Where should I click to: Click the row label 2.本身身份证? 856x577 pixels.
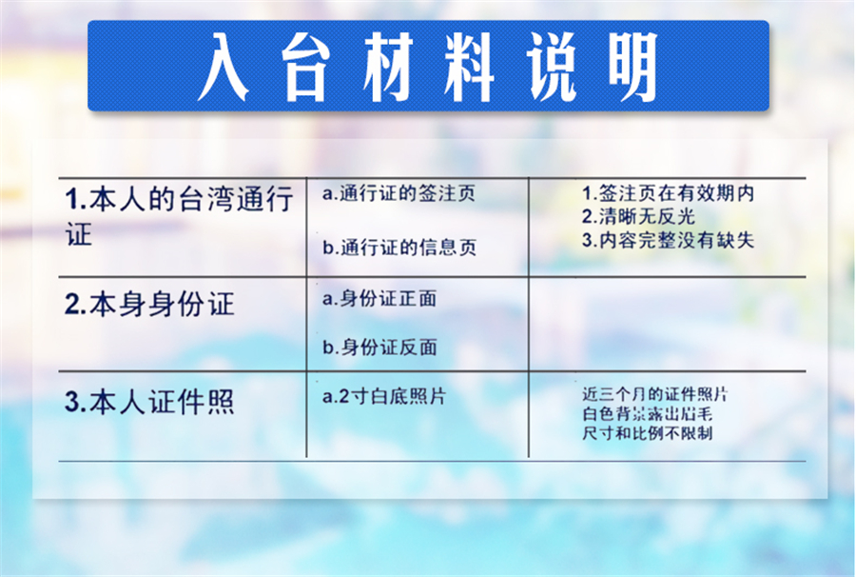point(149,305)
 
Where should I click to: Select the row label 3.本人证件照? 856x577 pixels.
point(149,402)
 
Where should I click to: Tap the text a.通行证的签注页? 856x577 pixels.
point(399,194)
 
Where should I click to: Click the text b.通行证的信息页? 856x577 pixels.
point(399,248)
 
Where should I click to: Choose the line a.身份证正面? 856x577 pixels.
point(379,299)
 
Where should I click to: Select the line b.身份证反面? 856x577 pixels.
point(379,348)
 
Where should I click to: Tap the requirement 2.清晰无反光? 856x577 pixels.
point(639,216)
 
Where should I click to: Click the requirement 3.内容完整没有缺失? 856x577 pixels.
point(668,239)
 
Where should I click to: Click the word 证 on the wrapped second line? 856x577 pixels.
point(79,235)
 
